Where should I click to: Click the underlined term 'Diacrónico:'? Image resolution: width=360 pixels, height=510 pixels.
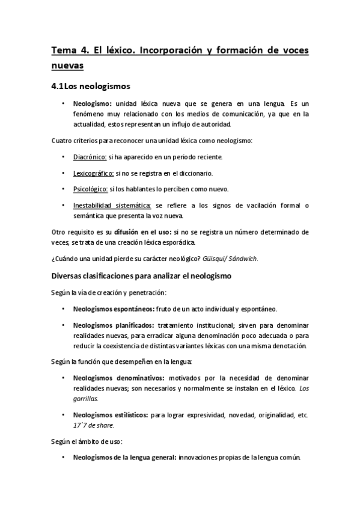[90, 158]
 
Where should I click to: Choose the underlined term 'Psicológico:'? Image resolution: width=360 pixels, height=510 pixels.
[90, 189]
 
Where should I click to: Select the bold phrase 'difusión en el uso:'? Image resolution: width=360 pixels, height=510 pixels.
[132, 232]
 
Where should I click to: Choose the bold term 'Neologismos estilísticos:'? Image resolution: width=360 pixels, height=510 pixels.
[111, 414]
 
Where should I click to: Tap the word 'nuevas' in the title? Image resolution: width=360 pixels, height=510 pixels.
[68, 65]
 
